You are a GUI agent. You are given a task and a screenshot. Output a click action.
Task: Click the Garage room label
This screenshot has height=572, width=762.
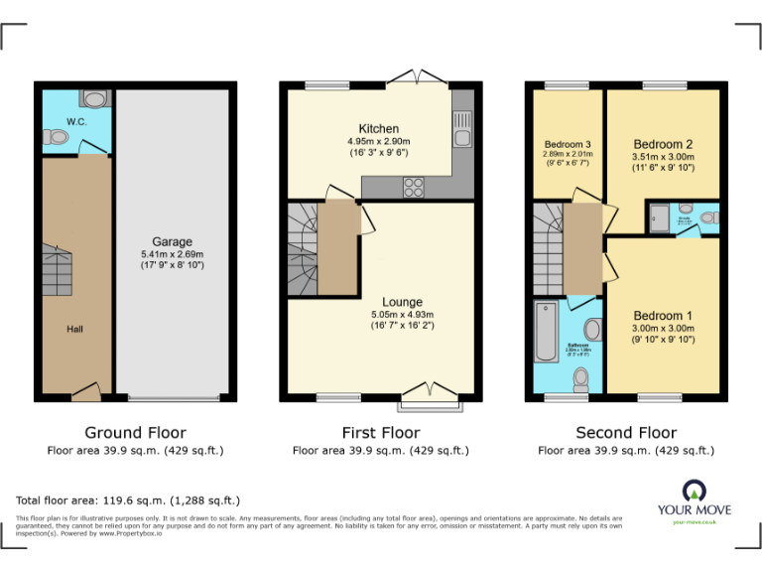[172, 241]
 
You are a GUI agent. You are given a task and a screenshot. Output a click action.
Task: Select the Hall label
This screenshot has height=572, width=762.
[75, 329]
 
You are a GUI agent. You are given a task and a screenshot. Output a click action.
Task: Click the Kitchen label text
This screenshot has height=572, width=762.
[378, 129]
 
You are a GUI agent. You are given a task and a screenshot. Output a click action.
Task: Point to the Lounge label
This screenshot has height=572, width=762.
[402, 302]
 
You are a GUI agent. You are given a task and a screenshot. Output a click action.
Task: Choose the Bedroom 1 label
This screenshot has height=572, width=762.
[663, 316]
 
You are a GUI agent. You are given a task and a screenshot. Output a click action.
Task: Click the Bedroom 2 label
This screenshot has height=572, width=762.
[663, 144]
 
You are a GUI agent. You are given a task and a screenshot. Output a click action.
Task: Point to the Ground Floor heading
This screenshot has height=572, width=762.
[135, 433]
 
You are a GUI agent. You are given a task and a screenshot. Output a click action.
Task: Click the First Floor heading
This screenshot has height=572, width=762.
[380, 433]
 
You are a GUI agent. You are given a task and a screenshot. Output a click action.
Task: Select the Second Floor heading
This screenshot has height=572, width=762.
[626, 433]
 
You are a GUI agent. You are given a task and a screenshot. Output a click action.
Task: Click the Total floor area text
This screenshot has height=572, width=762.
[128, 500]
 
